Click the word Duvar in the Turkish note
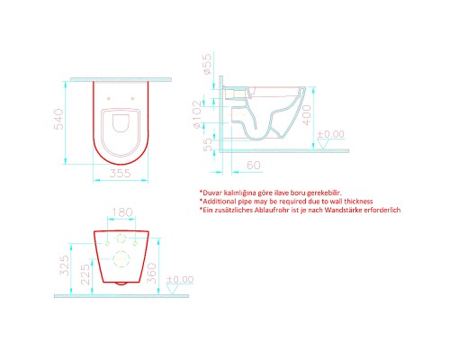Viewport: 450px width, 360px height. tap(212, 193)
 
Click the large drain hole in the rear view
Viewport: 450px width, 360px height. tap(120, 263)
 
